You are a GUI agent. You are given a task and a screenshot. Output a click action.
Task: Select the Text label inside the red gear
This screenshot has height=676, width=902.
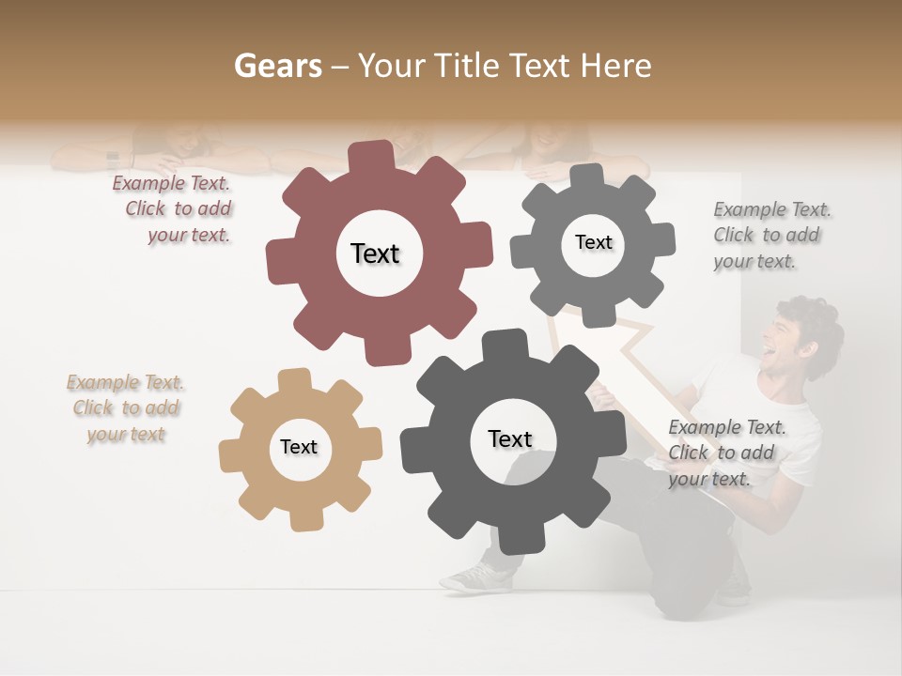coord(375,253)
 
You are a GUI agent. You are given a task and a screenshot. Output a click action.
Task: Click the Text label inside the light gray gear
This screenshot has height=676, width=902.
coord(593,242)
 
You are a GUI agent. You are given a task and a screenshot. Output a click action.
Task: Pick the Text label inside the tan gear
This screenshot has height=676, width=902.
coord(299,447)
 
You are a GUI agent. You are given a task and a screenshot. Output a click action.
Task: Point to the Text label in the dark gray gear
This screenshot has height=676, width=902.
coord(510,438)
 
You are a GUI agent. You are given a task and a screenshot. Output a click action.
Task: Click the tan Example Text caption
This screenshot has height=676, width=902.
coord(125,407)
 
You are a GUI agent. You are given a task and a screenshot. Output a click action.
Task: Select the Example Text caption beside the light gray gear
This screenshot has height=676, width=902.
coord(770,235)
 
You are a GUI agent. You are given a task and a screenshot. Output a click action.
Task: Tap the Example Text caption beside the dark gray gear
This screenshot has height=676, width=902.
coord(725,453)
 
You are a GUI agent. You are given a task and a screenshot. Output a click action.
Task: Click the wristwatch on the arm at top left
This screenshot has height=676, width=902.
coord(113,159)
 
